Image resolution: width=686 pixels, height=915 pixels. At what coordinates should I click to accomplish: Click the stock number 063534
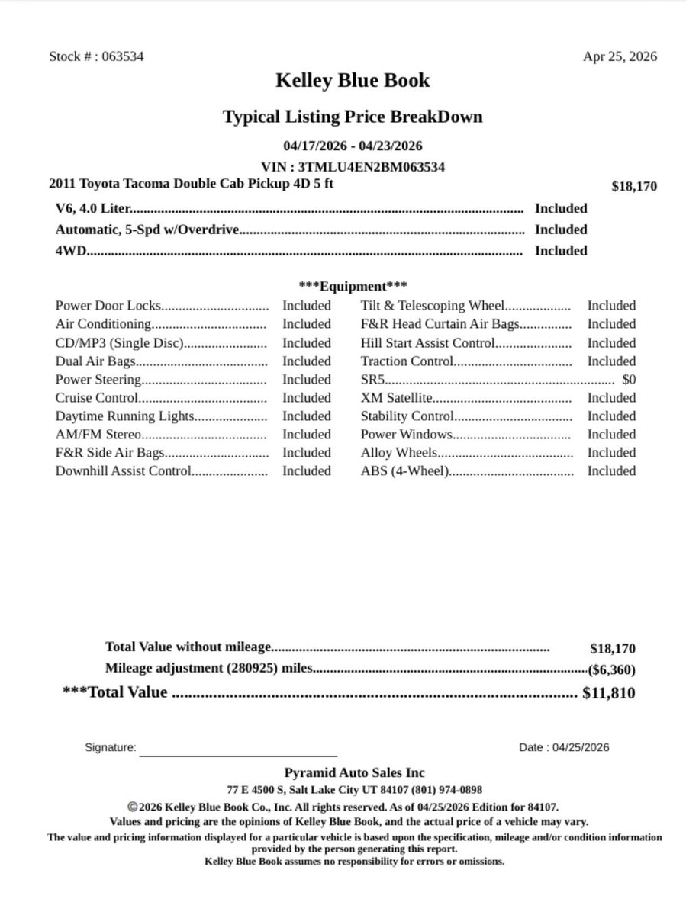(122, 56)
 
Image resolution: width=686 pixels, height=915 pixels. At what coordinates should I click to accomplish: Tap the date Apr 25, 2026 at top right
(620, 56)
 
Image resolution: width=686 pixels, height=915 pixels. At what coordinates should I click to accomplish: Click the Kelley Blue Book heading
(353, 81)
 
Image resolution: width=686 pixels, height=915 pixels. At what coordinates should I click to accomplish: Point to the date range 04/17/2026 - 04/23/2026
(353, 146)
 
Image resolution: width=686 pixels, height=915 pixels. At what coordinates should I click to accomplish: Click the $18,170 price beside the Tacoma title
(633, 186)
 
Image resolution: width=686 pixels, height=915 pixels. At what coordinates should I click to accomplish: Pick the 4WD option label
(70, 251)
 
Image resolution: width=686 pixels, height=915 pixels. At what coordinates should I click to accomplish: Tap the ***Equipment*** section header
(353, 287)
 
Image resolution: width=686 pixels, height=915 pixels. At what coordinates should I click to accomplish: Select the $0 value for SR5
(629, 380)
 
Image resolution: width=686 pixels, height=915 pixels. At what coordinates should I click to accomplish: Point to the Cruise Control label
(97, 398)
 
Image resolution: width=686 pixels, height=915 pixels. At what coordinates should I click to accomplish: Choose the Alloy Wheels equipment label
(399, 453)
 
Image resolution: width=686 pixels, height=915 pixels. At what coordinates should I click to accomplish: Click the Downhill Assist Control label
(123, 471)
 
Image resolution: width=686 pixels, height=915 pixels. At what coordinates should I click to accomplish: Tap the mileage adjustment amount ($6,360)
(611, 670)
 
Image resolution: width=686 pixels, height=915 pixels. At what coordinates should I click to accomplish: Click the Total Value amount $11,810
(608, 693)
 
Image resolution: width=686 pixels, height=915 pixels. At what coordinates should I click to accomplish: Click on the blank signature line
(238, 753)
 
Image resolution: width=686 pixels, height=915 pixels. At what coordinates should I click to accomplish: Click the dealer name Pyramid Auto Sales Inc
(354, 773)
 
